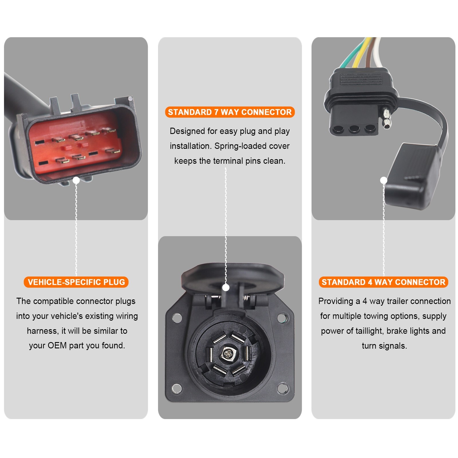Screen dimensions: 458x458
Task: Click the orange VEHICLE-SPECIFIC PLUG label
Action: [x=76, y=282]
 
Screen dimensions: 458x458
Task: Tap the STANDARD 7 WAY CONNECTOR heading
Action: [x=230, y=112]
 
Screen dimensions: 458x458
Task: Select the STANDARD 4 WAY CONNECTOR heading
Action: [x=383, y=282]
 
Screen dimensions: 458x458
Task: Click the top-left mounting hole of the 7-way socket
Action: [x=177, y=318]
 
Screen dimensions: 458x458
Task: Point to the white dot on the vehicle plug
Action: [x=76, y=180]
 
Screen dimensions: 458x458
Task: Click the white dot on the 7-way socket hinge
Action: [x=226, y=287]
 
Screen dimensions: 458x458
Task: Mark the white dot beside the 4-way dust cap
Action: [x=384, y=180]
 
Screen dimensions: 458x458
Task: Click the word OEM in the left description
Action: [x=57, y=346]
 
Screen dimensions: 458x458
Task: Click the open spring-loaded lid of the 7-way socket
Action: [x=232, y=275]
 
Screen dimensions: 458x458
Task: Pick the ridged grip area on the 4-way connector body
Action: [x=361, y=79]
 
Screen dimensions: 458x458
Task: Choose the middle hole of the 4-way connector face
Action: [x=354, y=129]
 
